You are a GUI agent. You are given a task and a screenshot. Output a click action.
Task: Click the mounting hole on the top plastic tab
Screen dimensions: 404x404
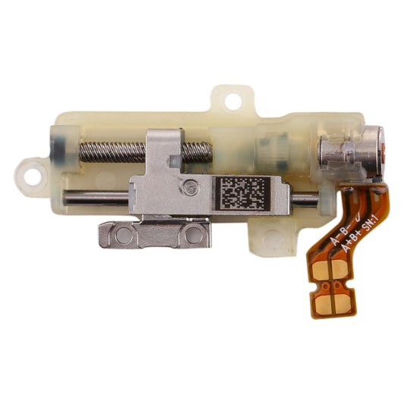point(232,99)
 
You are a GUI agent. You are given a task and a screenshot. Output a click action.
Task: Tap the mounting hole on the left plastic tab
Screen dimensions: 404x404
point(30,174)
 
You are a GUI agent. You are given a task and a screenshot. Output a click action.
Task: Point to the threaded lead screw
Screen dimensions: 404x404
point(114,152)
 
